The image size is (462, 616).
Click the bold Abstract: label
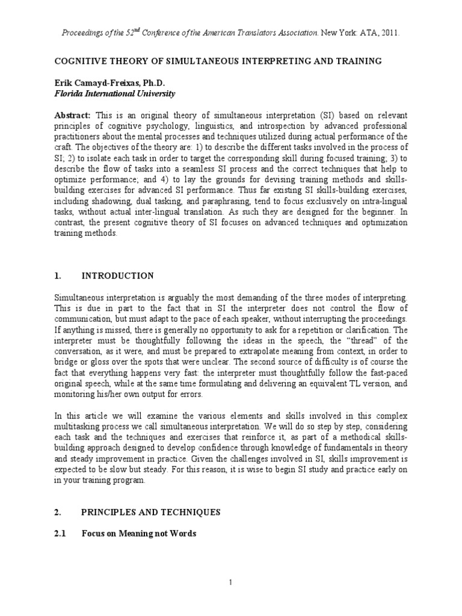[x=73, y=115]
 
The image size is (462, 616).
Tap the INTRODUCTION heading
[x=118, y=276]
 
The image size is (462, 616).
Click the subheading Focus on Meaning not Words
[x=139, y=533]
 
